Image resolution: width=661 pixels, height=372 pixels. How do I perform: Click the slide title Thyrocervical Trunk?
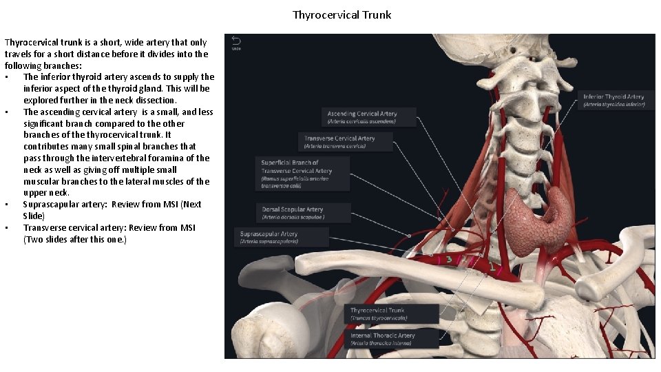pyautogui.click(x=342, y=14)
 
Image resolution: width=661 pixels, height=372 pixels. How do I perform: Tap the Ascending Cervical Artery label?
pyautogui.click(x=369, y=116)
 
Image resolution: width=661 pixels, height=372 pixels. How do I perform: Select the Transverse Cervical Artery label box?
pyautogui.click(x=346, y=141)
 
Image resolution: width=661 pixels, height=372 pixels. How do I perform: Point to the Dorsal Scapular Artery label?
pyautogui.click(x=301, y=212)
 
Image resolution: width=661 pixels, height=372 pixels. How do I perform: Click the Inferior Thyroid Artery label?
pyautogui.click(x=613, y=100)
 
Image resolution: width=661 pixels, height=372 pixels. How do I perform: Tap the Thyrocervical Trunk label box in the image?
pyautogui.click(x=392, y=313)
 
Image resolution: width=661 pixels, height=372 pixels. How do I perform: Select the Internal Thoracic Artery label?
pyautogui.click(x=392, y=338)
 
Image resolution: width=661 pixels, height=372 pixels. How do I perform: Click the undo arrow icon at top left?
pyautogui.click(x=236, y=41)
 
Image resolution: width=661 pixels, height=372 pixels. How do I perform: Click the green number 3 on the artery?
pyautogui.click(x=448, y=260)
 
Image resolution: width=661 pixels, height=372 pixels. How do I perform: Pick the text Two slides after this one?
pyautogui.click(x=75, y=239)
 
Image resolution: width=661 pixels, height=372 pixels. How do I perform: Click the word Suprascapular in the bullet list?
pyautogui.click(x=52, y=205)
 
